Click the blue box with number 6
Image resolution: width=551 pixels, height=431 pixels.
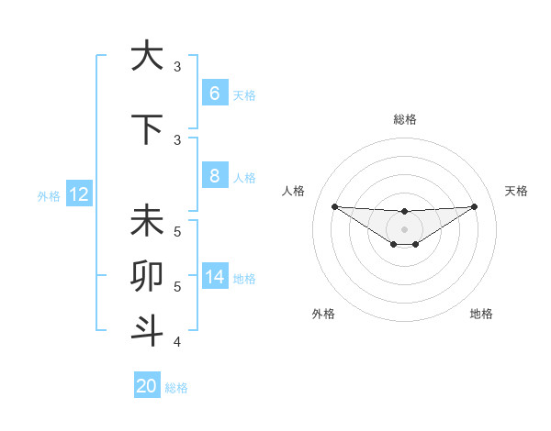tap(214, 94)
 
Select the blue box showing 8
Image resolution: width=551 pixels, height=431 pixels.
tap(214, 176)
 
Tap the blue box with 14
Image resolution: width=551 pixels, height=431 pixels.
tap(214, 277)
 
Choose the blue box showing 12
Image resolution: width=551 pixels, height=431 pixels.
tap(79, 194)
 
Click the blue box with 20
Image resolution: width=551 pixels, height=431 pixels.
tap(147, 386)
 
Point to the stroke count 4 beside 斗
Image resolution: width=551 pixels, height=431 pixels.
tap(177, 342)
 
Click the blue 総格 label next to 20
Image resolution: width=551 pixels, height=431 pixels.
tap(176, 388)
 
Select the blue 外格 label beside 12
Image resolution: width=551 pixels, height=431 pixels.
tap(48, 195)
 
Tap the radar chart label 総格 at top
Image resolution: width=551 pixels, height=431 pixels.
tap(404, 119)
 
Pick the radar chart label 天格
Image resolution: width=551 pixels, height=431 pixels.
tap(517, 191)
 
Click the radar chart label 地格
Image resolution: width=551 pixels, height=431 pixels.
tap(481, 314)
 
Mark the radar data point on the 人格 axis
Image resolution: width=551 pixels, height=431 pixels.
tap(334, 206)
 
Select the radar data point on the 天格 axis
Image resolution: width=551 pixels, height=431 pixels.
tap(474, 206)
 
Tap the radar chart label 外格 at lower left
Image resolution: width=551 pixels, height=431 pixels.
tap(323, 314)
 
